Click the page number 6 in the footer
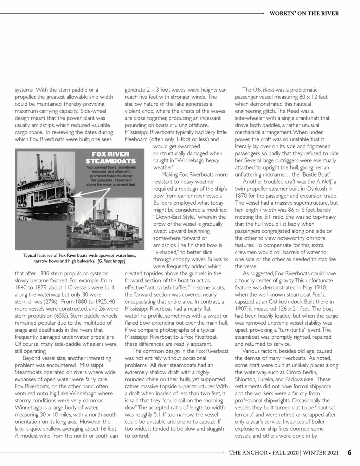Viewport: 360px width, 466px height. [x=349, y=452]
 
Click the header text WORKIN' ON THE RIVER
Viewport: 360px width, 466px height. [x=304, y=13]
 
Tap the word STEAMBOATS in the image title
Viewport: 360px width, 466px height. [x=110, y=161]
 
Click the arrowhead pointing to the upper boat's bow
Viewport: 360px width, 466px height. [x=77, y=195]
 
